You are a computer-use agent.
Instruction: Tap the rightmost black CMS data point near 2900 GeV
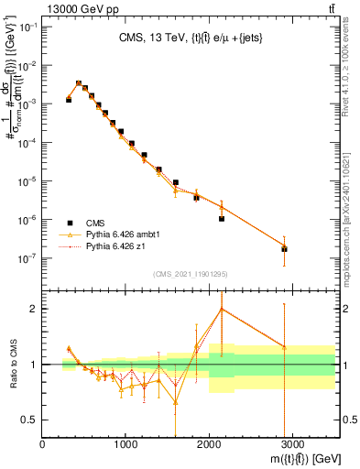coord(284,249)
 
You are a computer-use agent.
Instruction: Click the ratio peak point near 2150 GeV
coord(222,309)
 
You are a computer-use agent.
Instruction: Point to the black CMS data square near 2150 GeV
coord(222,219)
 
